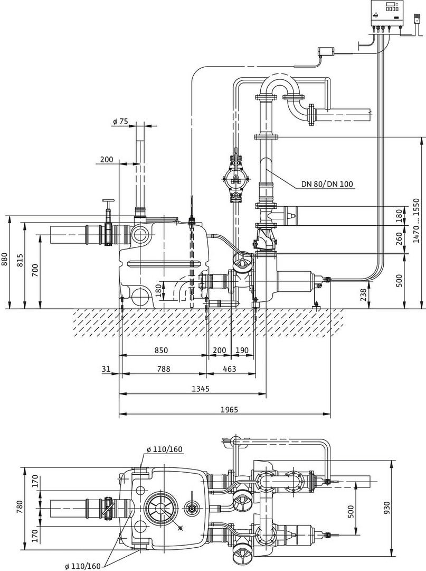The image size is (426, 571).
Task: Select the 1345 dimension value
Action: tap(200, 389)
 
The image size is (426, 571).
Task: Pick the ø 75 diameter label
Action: tap(120, 121)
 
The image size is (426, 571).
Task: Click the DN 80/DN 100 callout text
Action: tap(327, 185)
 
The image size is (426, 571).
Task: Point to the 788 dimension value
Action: tap(164, 369)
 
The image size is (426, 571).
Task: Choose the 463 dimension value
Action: tap(229, 369)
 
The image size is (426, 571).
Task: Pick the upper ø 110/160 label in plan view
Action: tap(164, 449)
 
